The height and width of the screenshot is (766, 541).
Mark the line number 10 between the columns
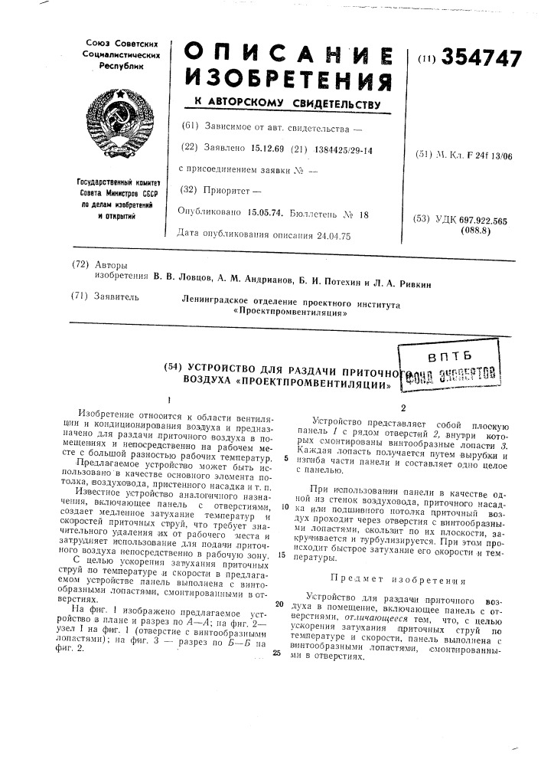284,506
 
